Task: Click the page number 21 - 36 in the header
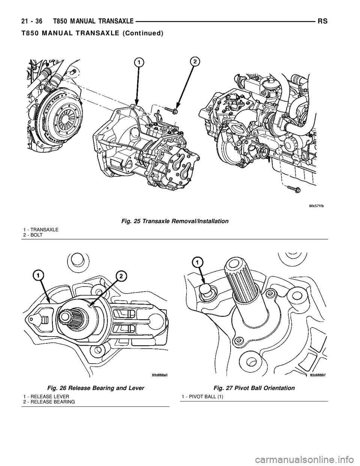coord(31,22)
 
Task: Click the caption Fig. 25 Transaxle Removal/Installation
coord(174,221)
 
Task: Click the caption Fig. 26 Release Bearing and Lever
coord(96,388)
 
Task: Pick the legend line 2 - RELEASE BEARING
coord(49,401)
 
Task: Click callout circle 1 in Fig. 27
coord(197,262)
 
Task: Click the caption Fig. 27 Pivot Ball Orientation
coord(254,388)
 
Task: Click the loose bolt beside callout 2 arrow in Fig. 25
coord(171,110)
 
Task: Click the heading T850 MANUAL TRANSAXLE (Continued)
coord(92,33)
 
